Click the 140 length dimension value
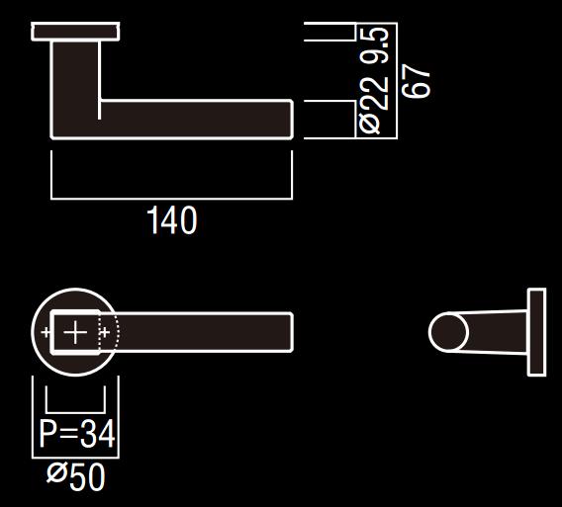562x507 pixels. coord(172,220)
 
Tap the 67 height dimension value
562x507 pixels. coord(419,80)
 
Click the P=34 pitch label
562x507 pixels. coord(76,434)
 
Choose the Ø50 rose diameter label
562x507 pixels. coord(76,477)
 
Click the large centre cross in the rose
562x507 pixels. coord(75,333)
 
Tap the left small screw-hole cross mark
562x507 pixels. coord(47,333)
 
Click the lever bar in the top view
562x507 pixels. coord(203,332)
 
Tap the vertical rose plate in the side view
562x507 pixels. coord(536,332)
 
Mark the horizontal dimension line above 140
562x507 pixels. coord(172,198)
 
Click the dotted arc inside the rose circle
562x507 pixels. coord(115,333)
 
